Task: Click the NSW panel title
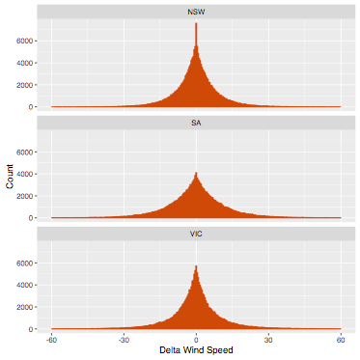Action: [196, 13]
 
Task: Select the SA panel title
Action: [196, 124]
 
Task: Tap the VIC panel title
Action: [196, 235]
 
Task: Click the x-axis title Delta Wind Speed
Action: [196, 350]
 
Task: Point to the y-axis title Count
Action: [10, 177]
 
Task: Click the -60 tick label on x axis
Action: [51, 340]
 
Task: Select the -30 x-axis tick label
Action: [124, 340]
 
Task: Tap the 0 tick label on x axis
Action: [196, 340]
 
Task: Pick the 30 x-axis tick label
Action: [268, 340]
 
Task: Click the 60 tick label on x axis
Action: [341, 340]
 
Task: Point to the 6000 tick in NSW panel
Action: [24, 42]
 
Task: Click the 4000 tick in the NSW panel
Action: [24, 63]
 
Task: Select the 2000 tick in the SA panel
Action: [24, 196]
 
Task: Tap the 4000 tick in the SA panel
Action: [24, 175]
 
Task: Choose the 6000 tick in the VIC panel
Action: [24, 263]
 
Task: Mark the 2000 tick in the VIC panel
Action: [24, 307]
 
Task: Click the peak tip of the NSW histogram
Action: [196, 23]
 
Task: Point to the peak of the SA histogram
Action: [196, 173]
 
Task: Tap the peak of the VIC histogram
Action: [196, 265]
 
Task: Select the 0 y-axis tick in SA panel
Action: [31, 218]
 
